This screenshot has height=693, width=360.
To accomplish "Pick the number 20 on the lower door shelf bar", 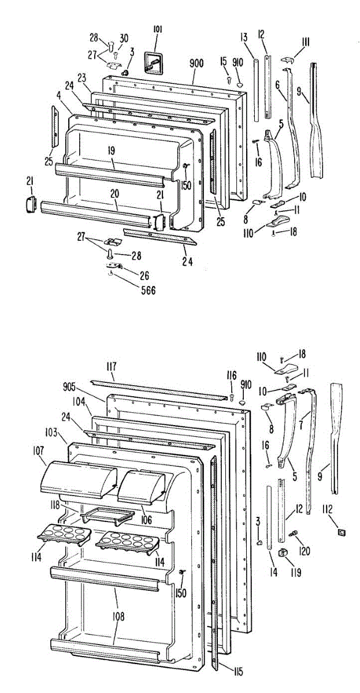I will pos(116,194).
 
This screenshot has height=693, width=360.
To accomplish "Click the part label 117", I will pos(112,365).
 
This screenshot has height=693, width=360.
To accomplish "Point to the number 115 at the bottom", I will pos(238,672).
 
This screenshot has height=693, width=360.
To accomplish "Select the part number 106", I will pos(146,520).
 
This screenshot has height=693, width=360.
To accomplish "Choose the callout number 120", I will pos(305,551).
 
